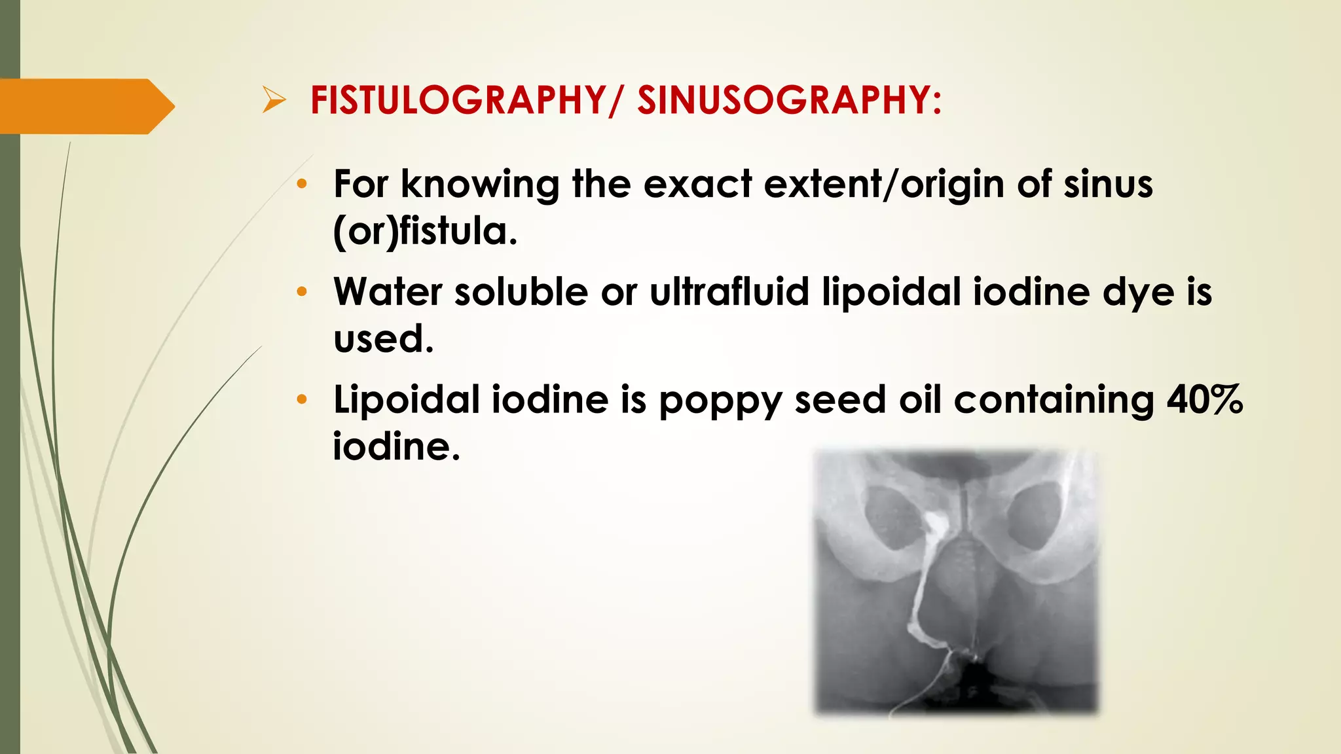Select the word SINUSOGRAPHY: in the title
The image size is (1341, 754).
pyautogui.click(x=790, y=101)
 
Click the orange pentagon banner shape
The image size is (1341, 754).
pyautogui.click(x=85, y=106)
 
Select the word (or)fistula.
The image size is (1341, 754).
pyautogui.click(x=425, y=232)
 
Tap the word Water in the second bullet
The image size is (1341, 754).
pyautogui.click(x=388, y=292)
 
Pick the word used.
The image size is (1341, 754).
pyautogui.click(x=383, y=339)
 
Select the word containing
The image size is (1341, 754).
pyautogui.click(x=1054, y=401)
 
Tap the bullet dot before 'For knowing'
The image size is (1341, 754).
pyautogui.click(x=301, y=185)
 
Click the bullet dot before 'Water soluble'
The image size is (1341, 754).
pyautogui.click(x=301, y=292)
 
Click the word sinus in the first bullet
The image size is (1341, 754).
pyautogui.click(x=1108, y=185)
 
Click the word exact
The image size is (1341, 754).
pyautogui.click(x=697, y=185)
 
